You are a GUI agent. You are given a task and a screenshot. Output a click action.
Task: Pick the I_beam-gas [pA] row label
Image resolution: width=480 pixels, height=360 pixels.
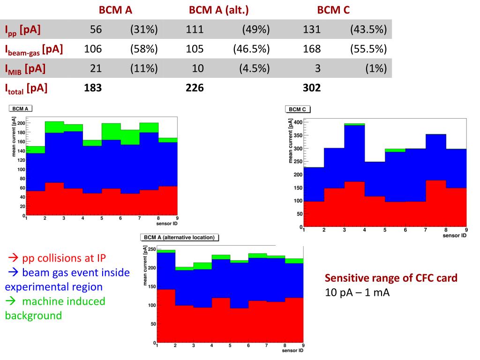(x=34, y=49)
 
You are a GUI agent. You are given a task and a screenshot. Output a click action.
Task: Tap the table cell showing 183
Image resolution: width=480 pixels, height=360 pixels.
(x=93, y=87)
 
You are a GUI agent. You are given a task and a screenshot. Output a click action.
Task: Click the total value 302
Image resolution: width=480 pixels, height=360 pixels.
(x=312, y=87)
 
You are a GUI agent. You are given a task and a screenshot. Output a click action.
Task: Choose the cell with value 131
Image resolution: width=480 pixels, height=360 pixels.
(x=312, y=30)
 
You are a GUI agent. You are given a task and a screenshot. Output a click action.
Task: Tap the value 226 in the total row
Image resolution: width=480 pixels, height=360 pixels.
(x=195, y=87)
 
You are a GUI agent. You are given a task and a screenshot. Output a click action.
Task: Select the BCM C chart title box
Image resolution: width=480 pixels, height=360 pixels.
(x=298, y=109)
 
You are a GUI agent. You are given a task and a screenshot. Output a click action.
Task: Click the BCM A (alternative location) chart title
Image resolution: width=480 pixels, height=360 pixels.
(x=179, y=237)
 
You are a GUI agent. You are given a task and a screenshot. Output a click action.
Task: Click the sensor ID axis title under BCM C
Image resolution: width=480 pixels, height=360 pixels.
(x=454, y=235)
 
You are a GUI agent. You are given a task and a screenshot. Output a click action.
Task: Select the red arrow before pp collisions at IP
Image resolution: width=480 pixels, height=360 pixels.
(x=13, y=258)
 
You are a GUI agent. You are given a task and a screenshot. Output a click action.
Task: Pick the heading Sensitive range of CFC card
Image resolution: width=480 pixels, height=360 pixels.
(x=391, y=278)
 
